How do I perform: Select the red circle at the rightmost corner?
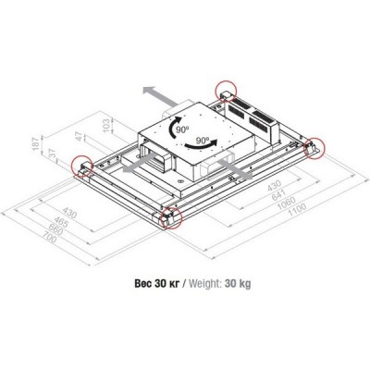pos(315,146)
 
